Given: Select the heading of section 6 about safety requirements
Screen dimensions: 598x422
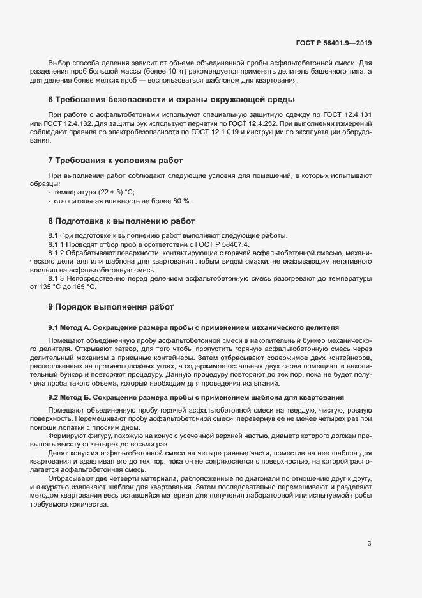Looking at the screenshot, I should point(171,100).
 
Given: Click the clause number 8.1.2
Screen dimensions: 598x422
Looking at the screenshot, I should point(58,254).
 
